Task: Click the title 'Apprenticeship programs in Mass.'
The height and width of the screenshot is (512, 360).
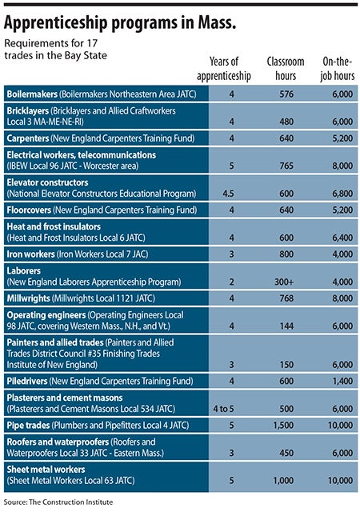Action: tap(119, 23)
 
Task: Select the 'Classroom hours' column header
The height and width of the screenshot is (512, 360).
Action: tap(285, 69)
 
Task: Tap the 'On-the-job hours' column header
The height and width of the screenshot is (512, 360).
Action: tap(337, 69)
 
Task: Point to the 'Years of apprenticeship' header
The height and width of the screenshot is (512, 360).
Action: tap(224, 69)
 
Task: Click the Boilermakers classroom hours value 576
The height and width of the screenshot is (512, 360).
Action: tap(286, 94)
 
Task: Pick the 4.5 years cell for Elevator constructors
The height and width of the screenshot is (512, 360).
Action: tap(228, 194)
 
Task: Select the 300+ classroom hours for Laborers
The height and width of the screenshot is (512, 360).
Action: tap(284, 282)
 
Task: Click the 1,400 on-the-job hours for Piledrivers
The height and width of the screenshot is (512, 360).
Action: tap(342, 381)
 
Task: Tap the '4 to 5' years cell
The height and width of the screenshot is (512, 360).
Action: tap(223, 409)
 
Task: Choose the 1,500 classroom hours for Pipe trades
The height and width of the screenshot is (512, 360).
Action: tap(283, 425)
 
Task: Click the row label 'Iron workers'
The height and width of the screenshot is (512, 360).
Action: tap(30, 254)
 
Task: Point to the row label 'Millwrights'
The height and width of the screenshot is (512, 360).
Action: tap(29, 298)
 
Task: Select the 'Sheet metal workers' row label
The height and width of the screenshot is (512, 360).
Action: tap(46, 470)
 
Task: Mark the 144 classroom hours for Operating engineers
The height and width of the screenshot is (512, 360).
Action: tap(286, 326)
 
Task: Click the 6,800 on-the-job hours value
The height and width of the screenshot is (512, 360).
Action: tap(342, 194)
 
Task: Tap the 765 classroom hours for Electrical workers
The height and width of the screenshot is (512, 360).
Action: tap(286, 166)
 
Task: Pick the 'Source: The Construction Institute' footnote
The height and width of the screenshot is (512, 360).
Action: tap(58, 502)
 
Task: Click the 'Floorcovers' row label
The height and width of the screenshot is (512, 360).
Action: tap(29, 210)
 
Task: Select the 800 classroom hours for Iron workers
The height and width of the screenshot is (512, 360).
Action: tap(286, 254)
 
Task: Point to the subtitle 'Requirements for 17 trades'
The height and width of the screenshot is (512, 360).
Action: tap(55, 49)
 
